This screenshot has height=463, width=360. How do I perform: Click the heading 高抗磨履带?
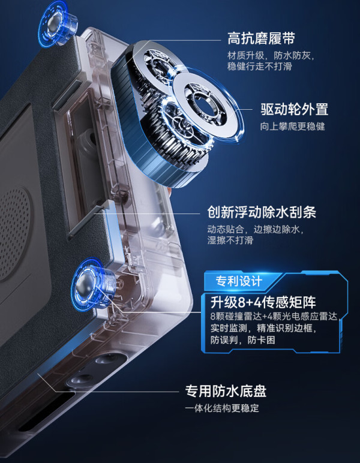pos(262,38)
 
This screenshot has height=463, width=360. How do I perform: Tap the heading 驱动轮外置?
pos(295,109)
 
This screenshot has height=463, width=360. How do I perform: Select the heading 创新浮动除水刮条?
pos(262,212)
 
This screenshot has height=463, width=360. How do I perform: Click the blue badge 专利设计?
pos(239,281)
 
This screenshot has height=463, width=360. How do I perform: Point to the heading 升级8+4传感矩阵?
pos(263,302)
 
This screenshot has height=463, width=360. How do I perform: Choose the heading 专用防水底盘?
pos(226,391)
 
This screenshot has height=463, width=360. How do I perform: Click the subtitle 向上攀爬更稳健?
pos(292,127)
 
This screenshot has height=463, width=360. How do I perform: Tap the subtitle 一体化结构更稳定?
pos(222,408)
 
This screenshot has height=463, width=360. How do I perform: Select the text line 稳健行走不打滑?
pos(260,66)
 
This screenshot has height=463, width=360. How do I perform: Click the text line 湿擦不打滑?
pos(230,240)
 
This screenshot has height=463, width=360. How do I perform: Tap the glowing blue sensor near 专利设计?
pos(92,284)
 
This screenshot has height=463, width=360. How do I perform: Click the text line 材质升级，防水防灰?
pos(271,55)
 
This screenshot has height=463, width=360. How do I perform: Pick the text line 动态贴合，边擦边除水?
pos(256,229)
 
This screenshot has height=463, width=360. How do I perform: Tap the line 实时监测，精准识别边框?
pos(263,328)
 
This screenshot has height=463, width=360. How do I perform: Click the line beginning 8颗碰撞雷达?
pos(275,316)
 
